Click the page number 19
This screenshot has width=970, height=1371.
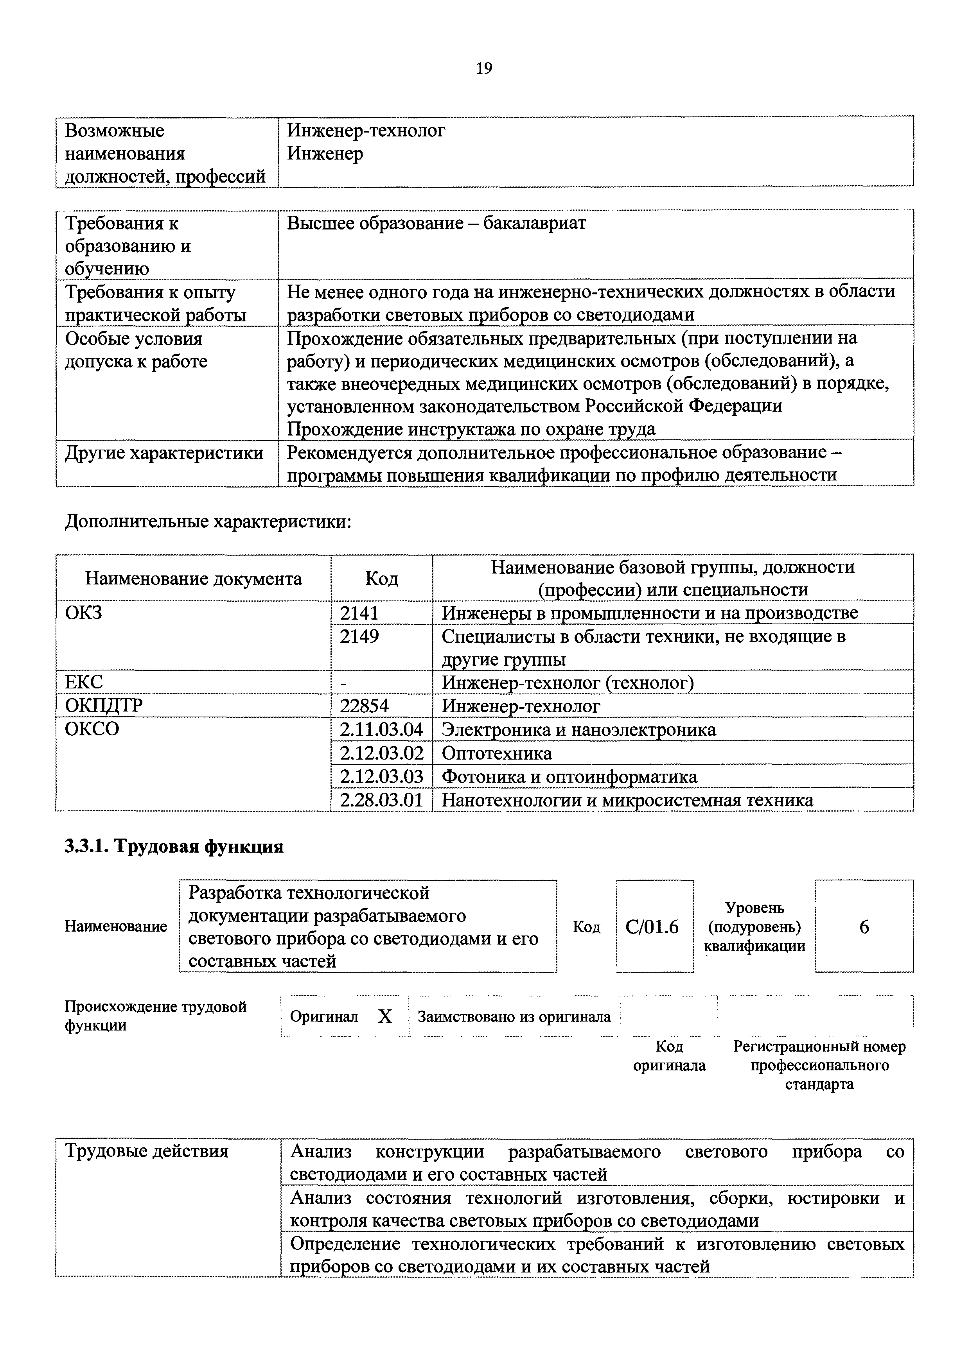point(484,69)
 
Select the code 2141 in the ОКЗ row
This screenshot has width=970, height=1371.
point(359,613)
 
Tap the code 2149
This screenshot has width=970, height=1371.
point(359,636)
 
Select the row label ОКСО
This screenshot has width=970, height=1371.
point(92,729)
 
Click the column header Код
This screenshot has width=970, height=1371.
point(381,578)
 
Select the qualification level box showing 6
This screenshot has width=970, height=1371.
point(864,927)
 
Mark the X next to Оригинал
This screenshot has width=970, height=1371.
point(385,1016)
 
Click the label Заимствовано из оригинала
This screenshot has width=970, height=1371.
point(514,1016)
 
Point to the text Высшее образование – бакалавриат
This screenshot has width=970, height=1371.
point(436,223)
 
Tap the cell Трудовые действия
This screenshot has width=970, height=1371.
point(146,1151)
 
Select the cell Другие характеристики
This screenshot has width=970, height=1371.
point(163,453)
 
